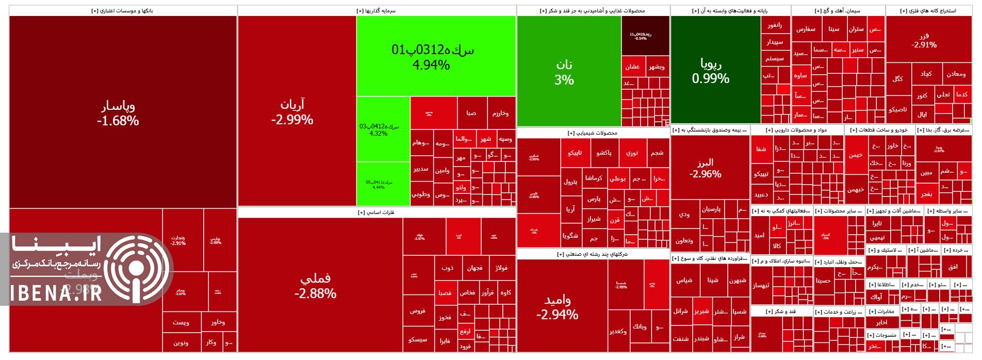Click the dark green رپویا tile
[715, 70]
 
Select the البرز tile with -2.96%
[710, 168]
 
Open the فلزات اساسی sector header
[377, 212]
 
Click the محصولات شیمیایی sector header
[593, 133]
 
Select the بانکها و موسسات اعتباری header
[123, 10]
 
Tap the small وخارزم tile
[501, 113]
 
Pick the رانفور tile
[775, 25]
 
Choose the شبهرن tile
[738, 281]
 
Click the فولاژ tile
[501, 268]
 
